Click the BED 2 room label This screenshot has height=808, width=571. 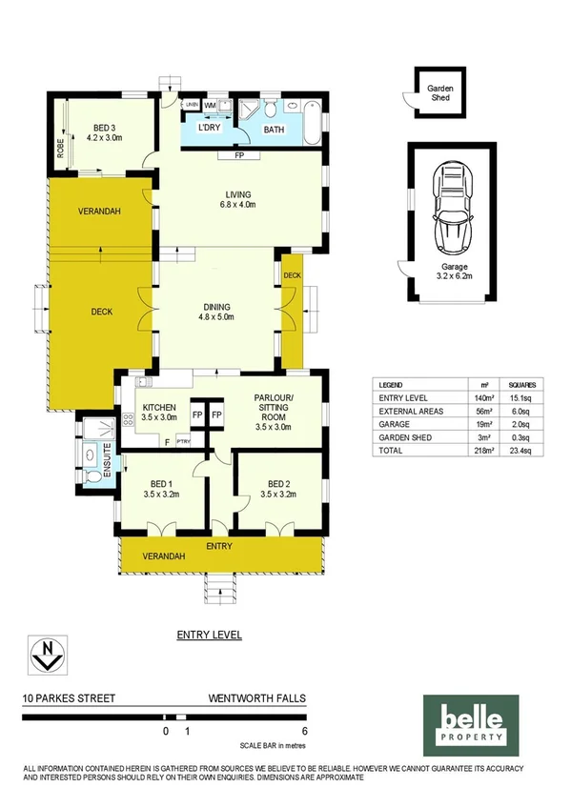[277, 488]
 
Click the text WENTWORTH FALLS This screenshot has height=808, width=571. [257, 698]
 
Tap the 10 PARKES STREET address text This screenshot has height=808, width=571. [69, 698]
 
